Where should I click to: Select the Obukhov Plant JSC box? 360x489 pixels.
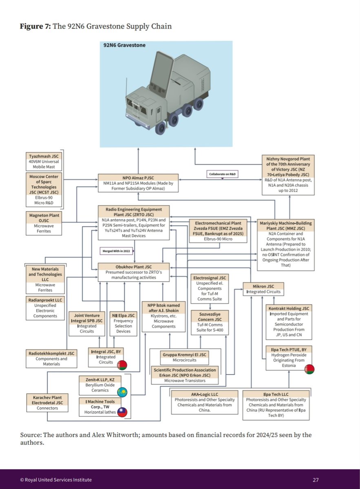point(134,272)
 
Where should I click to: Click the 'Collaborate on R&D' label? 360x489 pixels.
point(222,174)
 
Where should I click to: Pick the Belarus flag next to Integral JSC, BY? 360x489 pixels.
point(122,365)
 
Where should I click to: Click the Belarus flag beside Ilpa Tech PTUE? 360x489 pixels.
point(309,369)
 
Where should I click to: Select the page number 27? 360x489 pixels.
point(316,480)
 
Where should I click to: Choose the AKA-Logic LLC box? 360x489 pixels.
point(204,402)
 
